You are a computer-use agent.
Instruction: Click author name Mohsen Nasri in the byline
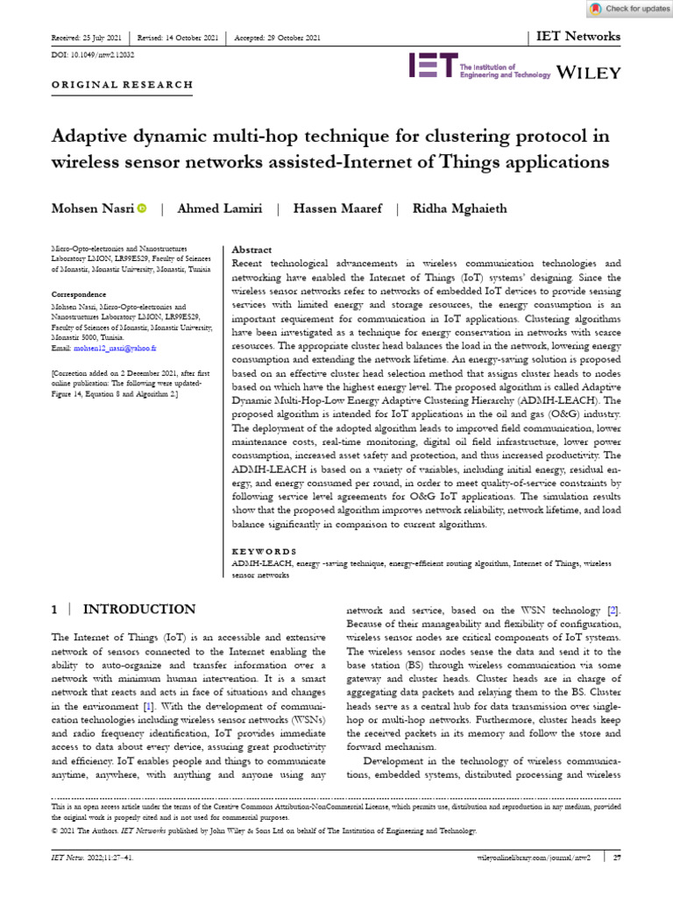click(x=92, y=208)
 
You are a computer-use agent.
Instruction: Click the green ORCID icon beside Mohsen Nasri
click(x=141, y=208)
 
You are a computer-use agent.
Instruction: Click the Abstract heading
click(x=251, y=250)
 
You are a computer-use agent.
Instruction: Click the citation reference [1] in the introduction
click(x=149, y=705)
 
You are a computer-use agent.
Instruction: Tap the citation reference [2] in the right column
click(x=613, y=610)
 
